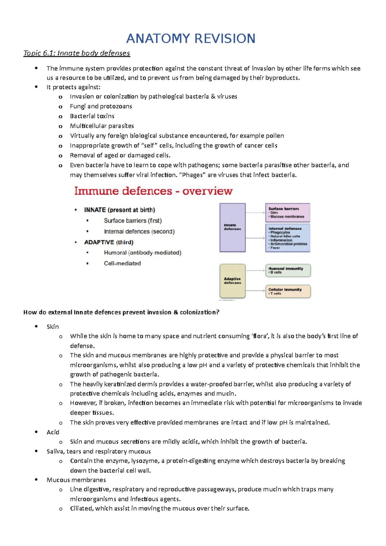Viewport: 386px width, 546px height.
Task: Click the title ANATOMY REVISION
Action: [191, 39]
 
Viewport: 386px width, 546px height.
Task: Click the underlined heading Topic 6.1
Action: [77, 53]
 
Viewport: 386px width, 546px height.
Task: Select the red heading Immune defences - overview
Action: [153, 191]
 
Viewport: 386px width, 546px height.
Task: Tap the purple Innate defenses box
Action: [232, 227]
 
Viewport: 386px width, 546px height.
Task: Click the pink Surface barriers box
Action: [288, 213]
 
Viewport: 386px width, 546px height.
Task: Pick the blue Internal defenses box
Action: [288, 238]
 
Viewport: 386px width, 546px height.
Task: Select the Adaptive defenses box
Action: [232, 281]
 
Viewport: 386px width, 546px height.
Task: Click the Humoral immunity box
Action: [288, 270]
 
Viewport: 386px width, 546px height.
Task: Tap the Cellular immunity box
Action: [288, 291]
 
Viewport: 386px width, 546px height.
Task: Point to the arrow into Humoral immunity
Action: [256, 271]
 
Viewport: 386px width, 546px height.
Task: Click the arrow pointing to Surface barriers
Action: [256, 213]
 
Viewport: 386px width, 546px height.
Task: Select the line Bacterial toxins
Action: [92, 116]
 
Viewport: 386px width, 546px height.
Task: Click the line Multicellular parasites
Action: [102, 126]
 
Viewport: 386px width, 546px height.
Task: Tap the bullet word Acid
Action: [53, 432]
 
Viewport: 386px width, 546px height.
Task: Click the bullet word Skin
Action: [52, 327]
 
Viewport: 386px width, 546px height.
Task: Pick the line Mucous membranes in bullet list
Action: [76, 480]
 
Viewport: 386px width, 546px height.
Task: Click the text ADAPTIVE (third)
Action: [109, 242]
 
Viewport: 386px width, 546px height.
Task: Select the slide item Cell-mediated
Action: [122, 263]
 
